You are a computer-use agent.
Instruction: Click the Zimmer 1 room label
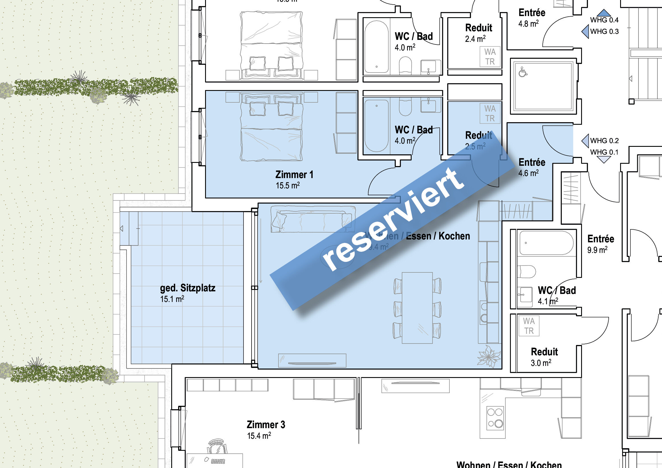tap(294, 175)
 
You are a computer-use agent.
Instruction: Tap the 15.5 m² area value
tap(287, 186)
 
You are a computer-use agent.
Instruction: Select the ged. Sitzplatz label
tap(187, 288)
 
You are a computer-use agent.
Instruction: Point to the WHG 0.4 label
tap(604, 20)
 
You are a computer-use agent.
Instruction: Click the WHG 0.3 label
tap(604, 32)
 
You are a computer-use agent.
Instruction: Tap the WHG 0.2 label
tap(604, 141)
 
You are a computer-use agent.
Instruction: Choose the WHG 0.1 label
tap(604, 152)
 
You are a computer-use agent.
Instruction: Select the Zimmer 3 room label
tap(266, 424)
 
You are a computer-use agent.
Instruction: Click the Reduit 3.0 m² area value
tap(541, 363)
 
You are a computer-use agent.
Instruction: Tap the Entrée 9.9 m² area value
tap(597, 250)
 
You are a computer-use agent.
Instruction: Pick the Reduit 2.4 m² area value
tap(475, 39)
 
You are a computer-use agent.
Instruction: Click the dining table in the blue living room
tap(417, 308)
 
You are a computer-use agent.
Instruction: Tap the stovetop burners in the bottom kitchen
tap(495, 418)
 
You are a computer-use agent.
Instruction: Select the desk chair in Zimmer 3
tap(216, 446)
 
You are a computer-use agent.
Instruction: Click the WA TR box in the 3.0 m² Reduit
tap(529, 326)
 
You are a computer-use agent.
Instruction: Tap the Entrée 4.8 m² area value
tap(529, 24)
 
